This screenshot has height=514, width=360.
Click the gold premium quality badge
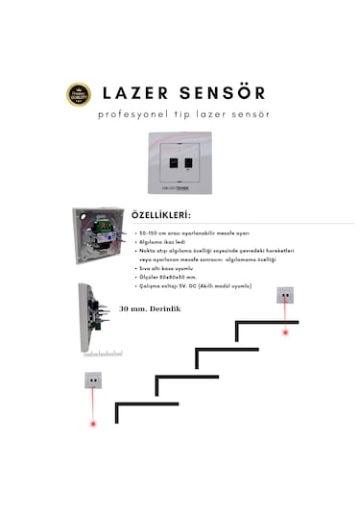click(79, 94)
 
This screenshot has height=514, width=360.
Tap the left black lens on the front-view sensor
click(173, 159)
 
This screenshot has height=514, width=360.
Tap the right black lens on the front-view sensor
click(188, 159)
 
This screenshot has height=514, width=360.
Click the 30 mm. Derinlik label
click(149, 309)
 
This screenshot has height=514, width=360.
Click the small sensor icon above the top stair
click(285, 295)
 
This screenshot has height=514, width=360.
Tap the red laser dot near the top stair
click(285, 332)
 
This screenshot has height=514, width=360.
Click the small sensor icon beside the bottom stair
click(93, 379)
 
